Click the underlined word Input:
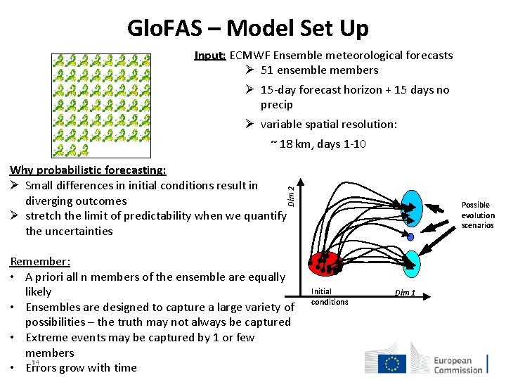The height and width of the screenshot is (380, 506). tap(210, 56)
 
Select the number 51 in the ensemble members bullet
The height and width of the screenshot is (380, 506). tap(267, 70)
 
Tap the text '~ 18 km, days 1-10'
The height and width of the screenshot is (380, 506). tap(318, 145)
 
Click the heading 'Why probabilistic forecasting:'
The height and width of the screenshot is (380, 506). tap(88, 170)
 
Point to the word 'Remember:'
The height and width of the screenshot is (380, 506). tap(40, 262)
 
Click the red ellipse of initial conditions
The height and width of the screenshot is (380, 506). tap(325, 262)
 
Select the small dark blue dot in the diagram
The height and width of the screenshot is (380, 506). tap(410, 237)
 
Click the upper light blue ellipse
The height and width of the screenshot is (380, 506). tap(407, 208)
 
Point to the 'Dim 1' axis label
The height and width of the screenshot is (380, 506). tap(405, 292)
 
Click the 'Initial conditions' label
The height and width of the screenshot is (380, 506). tap(329, 296)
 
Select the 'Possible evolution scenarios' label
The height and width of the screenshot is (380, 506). tap(477, 215)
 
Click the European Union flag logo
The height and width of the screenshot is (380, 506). tap(392, 363)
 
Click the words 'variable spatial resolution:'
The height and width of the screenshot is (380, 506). tap(328, 125)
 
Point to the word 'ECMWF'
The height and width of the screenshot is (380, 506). tap(249, 56)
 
